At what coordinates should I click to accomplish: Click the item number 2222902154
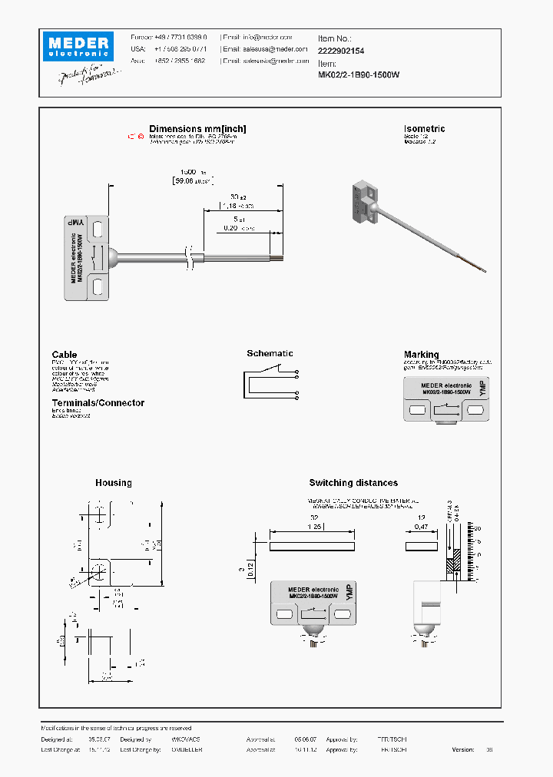pyautogui.click(x=341, y=50)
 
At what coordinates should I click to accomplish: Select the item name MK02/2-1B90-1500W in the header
pyautogui.click(x=359, y=74)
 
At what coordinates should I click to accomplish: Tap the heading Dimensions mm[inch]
pyautogui.click(x=197, y=129)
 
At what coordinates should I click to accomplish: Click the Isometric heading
pyautogui.click(x=424, y=129)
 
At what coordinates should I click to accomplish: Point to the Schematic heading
pyautogui.click(x=270, y=353)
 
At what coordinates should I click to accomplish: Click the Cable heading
pyautogui.click(x=65, y=355)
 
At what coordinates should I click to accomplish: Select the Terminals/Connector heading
pyautogui.click(x=98, y=403)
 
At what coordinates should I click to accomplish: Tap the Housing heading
pyautogui.click(x=114, y=483)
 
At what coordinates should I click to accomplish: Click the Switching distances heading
pyautogui.click(x=353, y=483)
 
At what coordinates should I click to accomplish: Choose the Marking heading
pyautogui.click(x=421, y=355)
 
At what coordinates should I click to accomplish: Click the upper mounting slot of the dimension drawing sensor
pyautogui.click(x=98, y=228)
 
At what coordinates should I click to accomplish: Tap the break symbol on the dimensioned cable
pyautogui.click(x=189, y=258)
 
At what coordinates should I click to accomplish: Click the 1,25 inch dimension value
pyautogui.click(x=311, y=527)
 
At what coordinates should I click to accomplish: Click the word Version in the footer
pyautogui.click(x=463, y=749)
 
